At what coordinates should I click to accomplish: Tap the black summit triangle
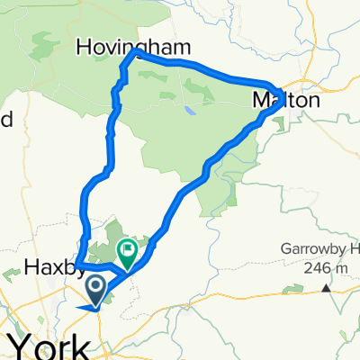tap(326, 290)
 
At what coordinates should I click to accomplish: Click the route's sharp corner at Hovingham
tap(135, 53)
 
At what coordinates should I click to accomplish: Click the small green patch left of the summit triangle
tap(292, 288)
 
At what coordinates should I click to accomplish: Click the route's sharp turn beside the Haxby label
tap(76, 265)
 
